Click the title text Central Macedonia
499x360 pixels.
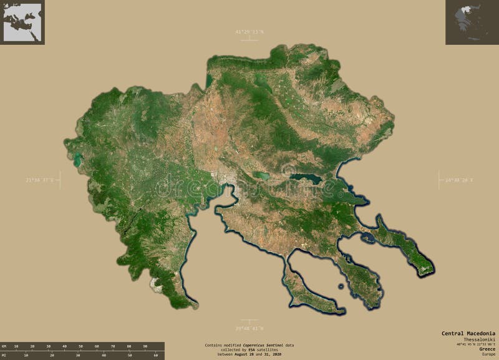pos(468,333)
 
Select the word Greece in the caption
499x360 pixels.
pos(487,349)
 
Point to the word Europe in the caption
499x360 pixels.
pos(487,354)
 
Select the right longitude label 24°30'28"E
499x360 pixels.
pos(459,180)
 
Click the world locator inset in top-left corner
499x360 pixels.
pos(22,22)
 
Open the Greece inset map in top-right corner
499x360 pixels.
pos(472,22)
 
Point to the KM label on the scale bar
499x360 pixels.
pos(4,345)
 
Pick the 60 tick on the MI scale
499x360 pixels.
pos(155,355)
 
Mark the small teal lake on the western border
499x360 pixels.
pos(77,161)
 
